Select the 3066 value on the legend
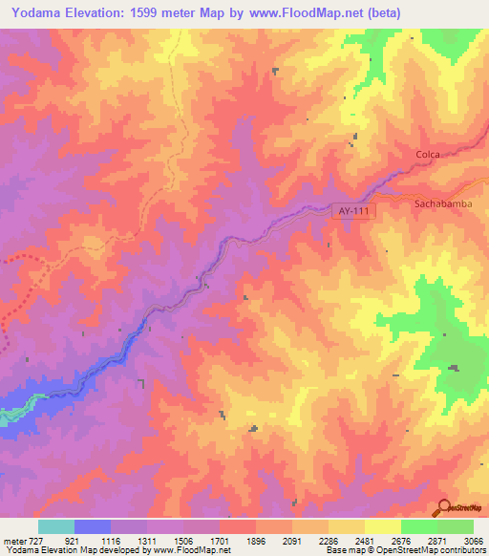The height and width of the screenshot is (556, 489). pyautogui.click(x=473, y=540)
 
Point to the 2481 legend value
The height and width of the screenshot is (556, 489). pyautogui.click(x=365, y=540)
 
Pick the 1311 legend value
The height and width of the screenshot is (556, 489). pyautogui.click(x=147, y=540)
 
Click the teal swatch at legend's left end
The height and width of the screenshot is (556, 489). pyautogui.click(x=56, y=526)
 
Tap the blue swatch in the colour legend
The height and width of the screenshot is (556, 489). pyautogui.click(x=93, y=526)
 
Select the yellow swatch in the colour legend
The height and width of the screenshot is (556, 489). pyautogui.click(x=383, y=526)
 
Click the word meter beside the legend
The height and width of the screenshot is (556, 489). pyautogui.click(x=13, y=540)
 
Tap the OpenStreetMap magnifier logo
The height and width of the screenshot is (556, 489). pyautogui.click(x=442, y=507)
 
